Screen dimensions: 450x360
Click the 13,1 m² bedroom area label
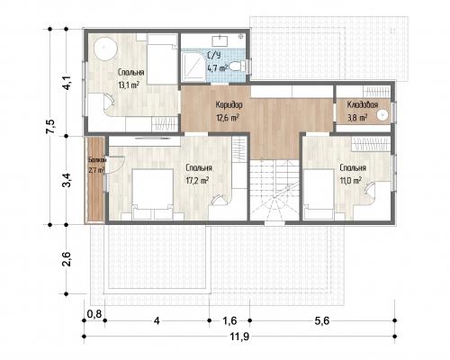pyautogui.click(x=129, y=85)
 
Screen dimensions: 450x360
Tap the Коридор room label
pyautogui.click(x=229, y=105)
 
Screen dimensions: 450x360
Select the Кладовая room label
pyautogui.click(x=363, y=104)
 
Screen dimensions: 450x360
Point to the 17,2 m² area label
pyautogui.click(x=197, y=181)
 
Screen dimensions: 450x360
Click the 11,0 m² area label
pyautogui.click(x=350, y=181)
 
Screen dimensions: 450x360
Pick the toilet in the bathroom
pyautogui.click(x=238, y=66)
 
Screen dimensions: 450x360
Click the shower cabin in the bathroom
pyautogui.click(x=193, y=67)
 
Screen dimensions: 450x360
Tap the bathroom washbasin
pyautogui.click(x=220, y=40)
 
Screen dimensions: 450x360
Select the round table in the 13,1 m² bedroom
pyautogui.click(x=105, y=49)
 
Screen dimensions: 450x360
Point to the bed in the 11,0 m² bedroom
pyautogui.click(x=319, y=194)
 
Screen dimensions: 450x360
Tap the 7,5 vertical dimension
pyautogui.click(x=50, y=127)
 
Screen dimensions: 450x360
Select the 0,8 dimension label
pyautogui.click(x=94, y=314)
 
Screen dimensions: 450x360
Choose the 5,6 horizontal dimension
pyautogui.click(x=322, y=321)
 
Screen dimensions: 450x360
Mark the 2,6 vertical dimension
pyautogui.click(x=66, y=259)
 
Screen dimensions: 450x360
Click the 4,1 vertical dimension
pyautogui.click(x=66, y=82)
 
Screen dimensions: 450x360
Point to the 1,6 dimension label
pyautogui.click(x=229, y=321)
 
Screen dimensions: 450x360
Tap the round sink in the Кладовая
pyautogui.click(x=382, y=115)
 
